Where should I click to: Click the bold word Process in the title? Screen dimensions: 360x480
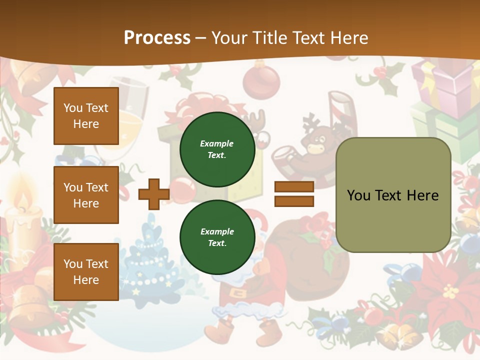(157, 38)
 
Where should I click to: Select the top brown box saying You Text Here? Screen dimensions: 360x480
(86, 116)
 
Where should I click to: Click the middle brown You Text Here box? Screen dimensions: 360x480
(86, 195)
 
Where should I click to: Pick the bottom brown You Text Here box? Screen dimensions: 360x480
(86, 271)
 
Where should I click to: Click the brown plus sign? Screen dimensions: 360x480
(153, 194)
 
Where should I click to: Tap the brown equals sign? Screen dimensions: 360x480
(294, 194)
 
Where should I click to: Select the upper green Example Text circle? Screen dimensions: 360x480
(217, 149)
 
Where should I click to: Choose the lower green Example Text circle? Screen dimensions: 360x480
(217, 237)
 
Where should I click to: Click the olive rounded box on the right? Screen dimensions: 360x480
(393, 195)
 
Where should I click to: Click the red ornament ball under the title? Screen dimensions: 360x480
(261, 80)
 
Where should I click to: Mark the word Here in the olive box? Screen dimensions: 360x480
(422, 195)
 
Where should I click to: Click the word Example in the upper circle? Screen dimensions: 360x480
(216, 143)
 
